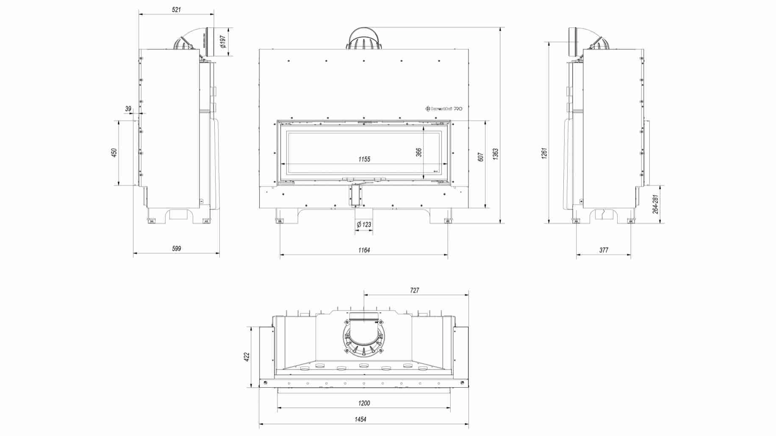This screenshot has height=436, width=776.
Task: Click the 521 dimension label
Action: tap(176, 10)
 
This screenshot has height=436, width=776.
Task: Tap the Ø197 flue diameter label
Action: tap(223, 42)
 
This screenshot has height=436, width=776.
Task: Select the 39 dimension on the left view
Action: tap(128, 109)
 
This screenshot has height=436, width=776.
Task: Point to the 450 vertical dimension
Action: tap(114, 153)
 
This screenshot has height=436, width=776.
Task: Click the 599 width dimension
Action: tap(176, 248)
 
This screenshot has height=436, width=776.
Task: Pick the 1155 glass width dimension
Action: tap(364, 159)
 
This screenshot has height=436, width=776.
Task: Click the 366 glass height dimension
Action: tap(418, 152)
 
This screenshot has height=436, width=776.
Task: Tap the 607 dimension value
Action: tap(480, 157)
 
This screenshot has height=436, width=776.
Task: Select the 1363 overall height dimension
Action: tap(496, 154)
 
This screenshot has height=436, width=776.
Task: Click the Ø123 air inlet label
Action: tap(364, 225)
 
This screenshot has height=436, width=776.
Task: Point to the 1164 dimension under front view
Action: tap(364, 250)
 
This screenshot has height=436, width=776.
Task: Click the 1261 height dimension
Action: tap(544, 153)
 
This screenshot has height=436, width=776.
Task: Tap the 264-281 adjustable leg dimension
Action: tap(655, 204)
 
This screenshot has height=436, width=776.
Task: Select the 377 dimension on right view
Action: tap(604, 250)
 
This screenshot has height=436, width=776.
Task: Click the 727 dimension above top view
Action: tap(414, 290)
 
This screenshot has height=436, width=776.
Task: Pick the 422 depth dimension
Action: tap(247, 357)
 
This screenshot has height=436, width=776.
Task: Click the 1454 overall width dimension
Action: tap(360, 419)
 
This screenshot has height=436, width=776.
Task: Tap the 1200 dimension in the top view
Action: tap(364, 403)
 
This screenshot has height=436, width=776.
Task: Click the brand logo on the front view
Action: tap(443, 109)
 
